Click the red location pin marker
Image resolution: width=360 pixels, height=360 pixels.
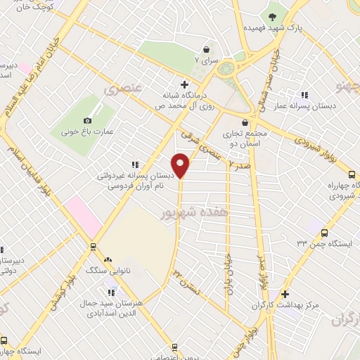tap(181, 164)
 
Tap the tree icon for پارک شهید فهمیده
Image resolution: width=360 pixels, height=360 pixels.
tap(272, 15)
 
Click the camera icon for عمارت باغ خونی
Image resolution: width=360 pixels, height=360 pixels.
tap(88, 121)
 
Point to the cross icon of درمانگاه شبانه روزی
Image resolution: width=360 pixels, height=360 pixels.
tap(184, 84)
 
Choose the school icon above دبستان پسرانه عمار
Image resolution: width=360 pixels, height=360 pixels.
tap(304, 94)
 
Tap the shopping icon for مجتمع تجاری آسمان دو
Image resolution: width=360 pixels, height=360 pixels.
tap(245, 122)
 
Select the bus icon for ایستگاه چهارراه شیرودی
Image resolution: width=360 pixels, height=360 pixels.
tap(352, 174)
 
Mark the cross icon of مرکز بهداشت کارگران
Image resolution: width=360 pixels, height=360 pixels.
tap(284, 294)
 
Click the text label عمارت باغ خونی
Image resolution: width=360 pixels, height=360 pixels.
tap(84, 131)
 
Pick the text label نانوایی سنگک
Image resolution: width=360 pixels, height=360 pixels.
tap(102, 269)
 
